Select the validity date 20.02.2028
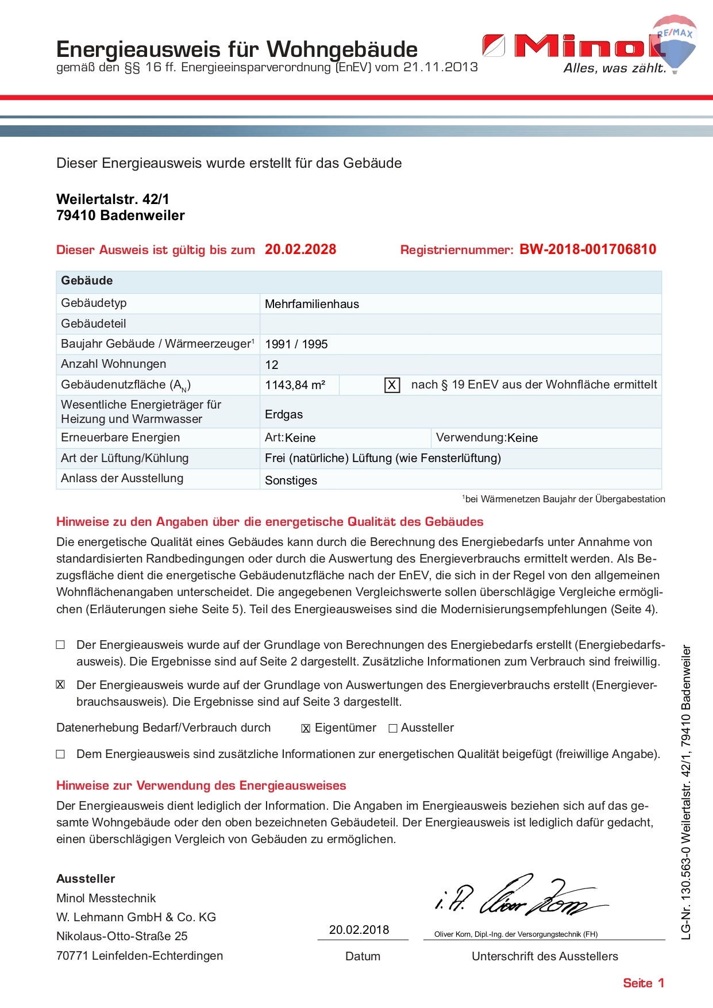coord(300,249)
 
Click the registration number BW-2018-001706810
coord(588,249)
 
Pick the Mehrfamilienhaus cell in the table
coord(312,304)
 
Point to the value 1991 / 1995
coord(296,344)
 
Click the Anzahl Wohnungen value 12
coord(272,365)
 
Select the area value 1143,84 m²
coord(295,385)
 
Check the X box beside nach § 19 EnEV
coord(392,385)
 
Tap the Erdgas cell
coord(284,414)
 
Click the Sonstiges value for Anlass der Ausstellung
coord(291,480)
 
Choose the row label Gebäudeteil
coord(94,324)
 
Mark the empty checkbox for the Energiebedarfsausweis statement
coord(60,645)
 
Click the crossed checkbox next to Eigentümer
coord(306,729)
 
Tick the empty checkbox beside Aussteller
coord(393,729)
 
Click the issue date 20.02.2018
coord(359,930)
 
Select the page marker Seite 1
coord(643,983)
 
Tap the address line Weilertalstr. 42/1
coord(113,199)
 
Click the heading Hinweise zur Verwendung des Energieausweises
coord(201,786)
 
